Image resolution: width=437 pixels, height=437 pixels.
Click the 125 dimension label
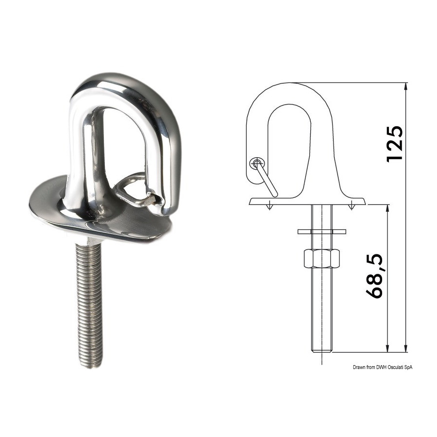[x=395, y=144]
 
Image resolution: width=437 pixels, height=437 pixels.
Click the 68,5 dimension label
[x=374, y=276]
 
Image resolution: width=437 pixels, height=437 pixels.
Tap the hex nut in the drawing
[x=322, y=259]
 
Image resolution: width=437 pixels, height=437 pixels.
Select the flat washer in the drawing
[x=322, y=231]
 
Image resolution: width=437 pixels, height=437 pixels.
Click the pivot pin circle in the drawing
[x=256, y=163]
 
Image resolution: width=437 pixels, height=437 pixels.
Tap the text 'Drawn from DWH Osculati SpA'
[x=383, y=368]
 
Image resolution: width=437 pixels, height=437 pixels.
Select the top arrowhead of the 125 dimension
[x=406, y=86]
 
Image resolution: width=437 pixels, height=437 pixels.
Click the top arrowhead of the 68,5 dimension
[x=387, y=208]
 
